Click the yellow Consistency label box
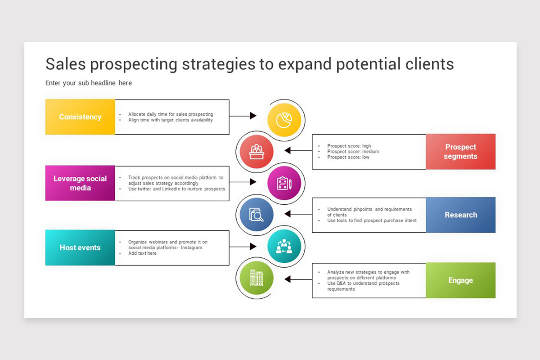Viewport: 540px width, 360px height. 80,117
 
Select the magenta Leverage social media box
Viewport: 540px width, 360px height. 80,183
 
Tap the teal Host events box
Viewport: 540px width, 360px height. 80,247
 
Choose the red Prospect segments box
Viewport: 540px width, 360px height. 460,152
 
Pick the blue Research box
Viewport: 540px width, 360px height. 460,215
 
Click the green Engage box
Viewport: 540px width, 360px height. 460,280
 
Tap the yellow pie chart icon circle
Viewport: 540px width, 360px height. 284,120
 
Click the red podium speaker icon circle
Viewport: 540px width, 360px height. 256,151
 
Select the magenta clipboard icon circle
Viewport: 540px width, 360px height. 284,183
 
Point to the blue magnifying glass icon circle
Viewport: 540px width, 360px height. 256,215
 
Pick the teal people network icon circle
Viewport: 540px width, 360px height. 284,247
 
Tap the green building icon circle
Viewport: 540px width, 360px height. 256,278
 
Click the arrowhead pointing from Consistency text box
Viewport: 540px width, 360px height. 253,116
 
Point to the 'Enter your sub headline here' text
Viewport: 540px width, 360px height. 89,83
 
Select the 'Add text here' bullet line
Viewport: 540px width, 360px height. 143,253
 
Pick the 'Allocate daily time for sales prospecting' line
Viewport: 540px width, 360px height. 171,114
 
